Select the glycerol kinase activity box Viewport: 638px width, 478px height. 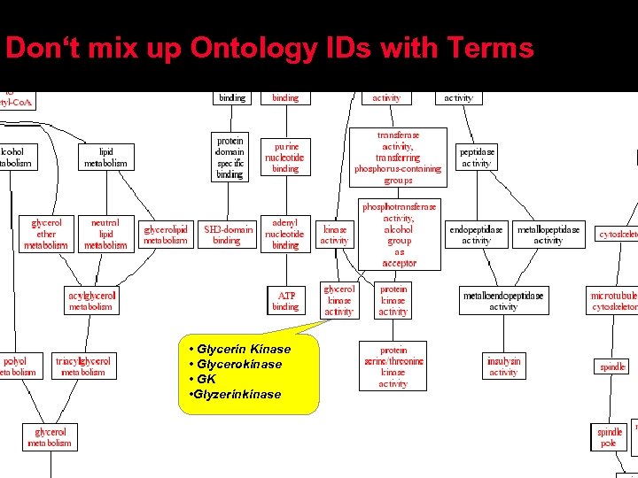338,300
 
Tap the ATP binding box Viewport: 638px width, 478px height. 285,300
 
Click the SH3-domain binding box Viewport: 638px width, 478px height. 227,235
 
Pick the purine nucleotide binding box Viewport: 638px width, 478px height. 285,157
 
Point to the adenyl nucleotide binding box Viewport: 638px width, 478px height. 285,234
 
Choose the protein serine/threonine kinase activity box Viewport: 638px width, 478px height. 393,366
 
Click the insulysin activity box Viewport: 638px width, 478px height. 503,366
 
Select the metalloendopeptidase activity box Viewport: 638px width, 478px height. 503,300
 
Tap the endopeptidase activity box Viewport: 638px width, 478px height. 476,235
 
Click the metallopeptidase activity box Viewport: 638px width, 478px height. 548,235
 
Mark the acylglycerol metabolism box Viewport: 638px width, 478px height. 91,300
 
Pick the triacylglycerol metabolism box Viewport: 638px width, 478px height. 82,366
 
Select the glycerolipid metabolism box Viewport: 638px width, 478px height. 166,235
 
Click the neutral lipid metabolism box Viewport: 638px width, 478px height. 105,234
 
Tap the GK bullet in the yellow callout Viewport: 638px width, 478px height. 206,379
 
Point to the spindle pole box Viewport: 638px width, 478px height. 610,437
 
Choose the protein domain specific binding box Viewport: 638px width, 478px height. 230,158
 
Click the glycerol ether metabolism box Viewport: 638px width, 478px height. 45,234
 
